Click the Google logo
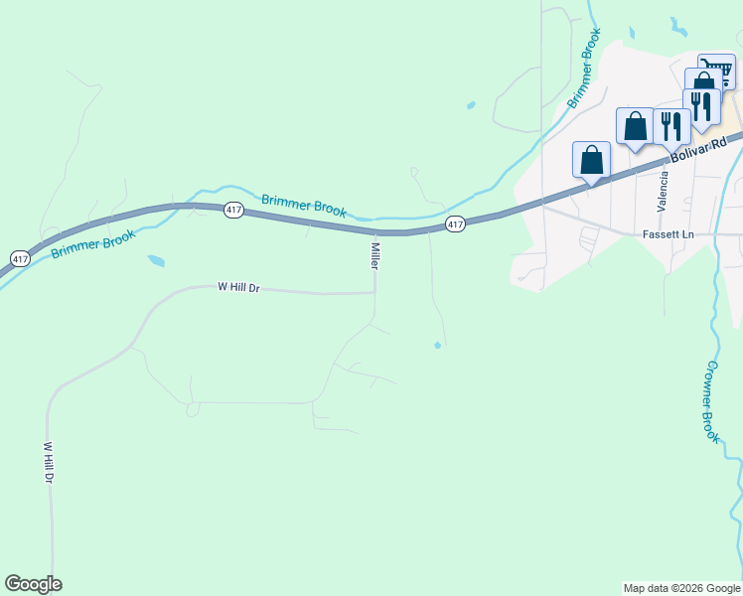33,584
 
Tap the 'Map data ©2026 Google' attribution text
681,588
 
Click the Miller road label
375,255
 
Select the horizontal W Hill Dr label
238,287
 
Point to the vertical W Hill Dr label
48,463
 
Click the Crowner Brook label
712,400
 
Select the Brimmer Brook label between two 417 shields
304,206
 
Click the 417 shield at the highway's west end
20,258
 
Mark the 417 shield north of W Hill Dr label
233,210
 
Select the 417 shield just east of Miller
455,224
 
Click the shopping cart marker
715,70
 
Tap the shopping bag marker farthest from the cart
591,159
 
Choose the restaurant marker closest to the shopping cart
701,105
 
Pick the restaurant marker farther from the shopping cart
671,125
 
